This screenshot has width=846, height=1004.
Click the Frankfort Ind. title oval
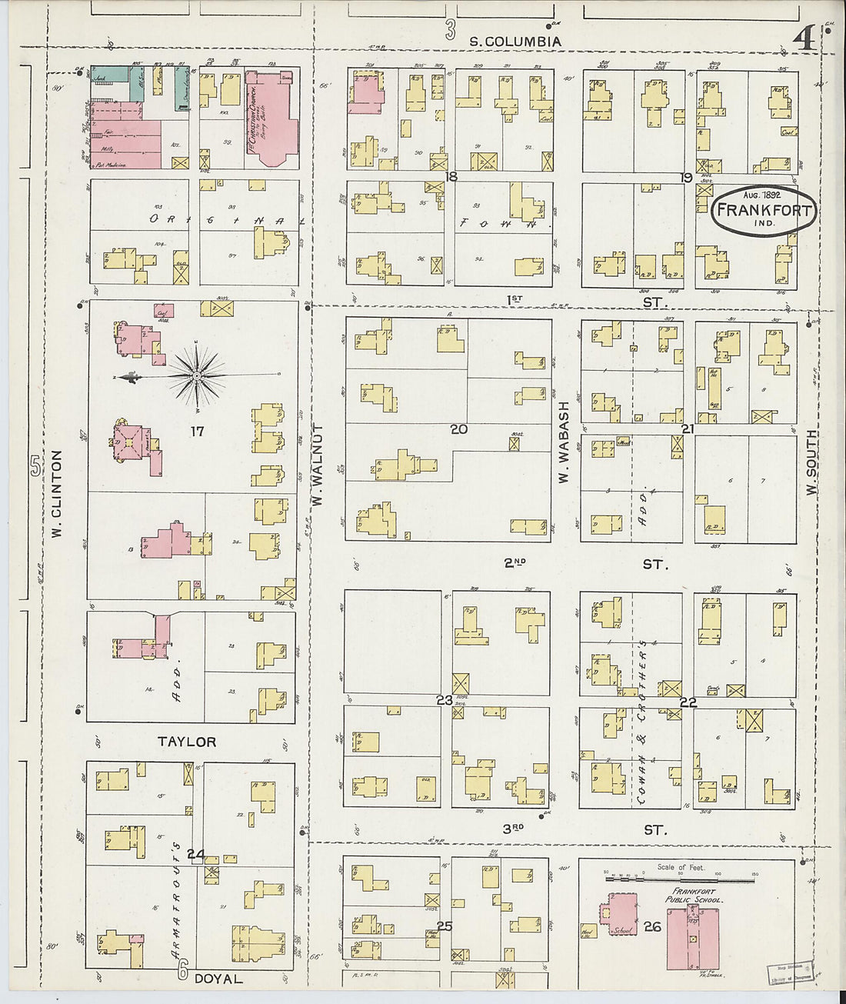click(x=764, y=210)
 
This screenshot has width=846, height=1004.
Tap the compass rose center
click(x=197, y=375)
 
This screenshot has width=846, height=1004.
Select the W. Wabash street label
click(x=564, y=442)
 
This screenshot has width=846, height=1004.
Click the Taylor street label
click(x=187, y=742)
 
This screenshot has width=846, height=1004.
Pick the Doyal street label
click(x=218, y=979)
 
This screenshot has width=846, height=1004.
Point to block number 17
click(x=198, y=431)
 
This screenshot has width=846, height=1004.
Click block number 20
click(x=458, y=429)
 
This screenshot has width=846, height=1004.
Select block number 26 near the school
click(x=652, y=926)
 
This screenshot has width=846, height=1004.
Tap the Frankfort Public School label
click(x=694, y=896)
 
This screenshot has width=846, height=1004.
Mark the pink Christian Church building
click(x=271, y=119)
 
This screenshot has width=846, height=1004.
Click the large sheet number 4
click(x=804, y=38)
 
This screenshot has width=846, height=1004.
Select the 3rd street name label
click(x=514, y=829)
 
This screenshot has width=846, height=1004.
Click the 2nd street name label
click(x=515, y=563)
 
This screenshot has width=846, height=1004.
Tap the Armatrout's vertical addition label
click(x=177, y=900)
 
